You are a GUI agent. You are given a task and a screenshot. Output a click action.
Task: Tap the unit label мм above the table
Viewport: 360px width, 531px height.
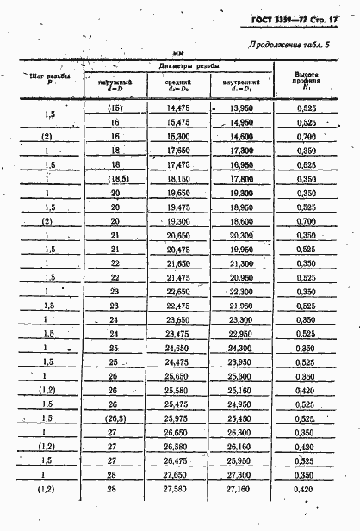tap(179, 55)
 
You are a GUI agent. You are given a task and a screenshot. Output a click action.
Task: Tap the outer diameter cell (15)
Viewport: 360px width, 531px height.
tap(115, 108)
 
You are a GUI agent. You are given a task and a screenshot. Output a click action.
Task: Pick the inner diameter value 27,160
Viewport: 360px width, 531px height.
tap(240, 489)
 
